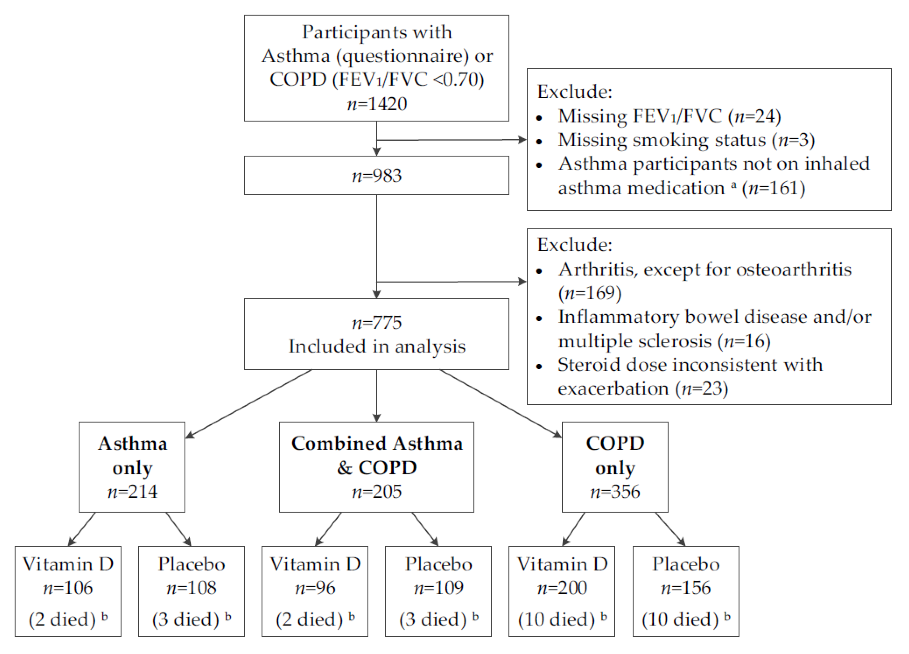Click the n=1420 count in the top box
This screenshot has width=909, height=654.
377,104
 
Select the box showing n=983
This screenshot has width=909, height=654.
376,175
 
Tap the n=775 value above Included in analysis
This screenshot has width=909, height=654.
377,323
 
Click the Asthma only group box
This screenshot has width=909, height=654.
132,467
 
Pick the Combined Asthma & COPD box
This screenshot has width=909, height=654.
376,467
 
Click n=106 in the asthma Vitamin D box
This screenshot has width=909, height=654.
68,588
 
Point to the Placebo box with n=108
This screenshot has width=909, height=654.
191,591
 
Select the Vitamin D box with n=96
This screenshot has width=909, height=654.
315,591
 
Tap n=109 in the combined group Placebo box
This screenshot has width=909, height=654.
439,588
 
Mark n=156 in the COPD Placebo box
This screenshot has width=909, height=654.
686,588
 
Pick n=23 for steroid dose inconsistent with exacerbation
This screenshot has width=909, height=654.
701,388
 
